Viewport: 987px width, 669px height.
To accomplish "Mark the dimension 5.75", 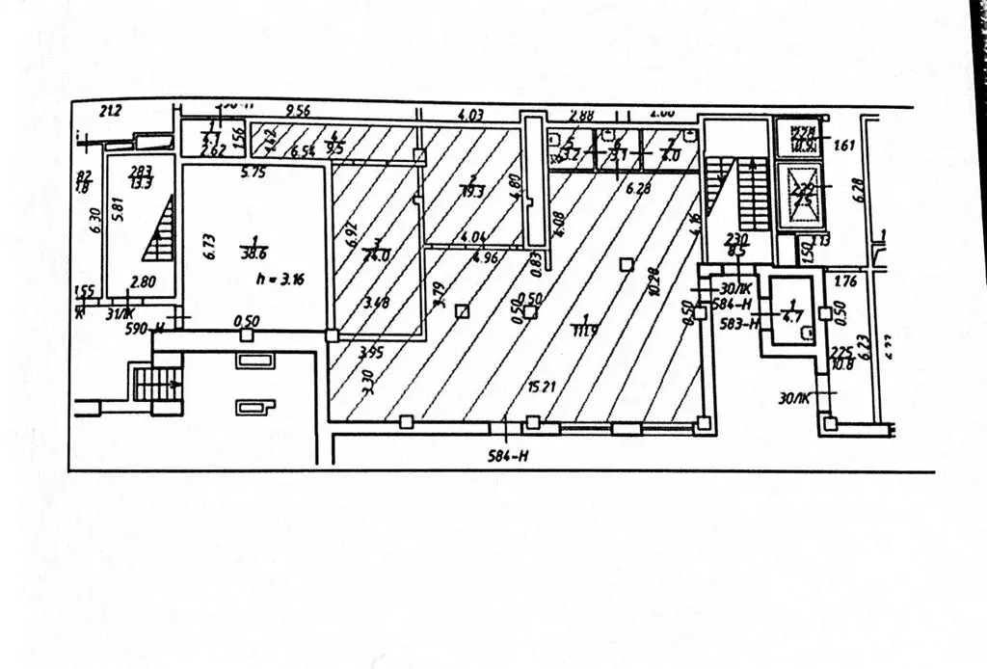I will point(253,174).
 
